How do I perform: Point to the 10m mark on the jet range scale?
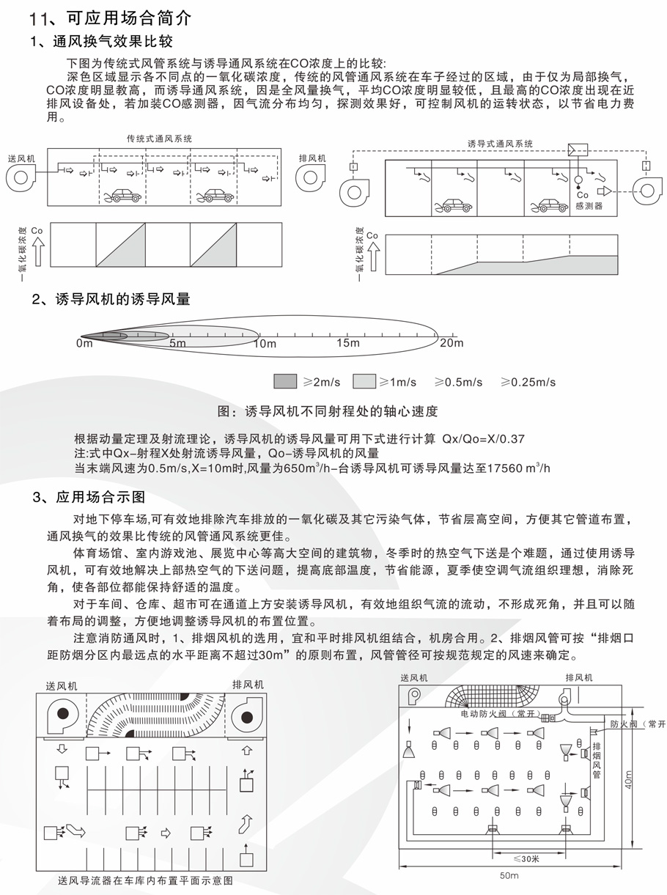click(264, 344)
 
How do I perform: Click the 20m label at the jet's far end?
click(452, 342)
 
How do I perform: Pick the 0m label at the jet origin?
click(84, 344)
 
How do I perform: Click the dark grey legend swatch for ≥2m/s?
click(284, 381)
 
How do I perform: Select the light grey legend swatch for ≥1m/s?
click(364, 381)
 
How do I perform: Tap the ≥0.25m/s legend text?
click(528, 382)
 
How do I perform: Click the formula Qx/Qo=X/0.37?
click(484, 439)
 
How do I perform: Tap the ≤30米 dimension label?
click(526, 858)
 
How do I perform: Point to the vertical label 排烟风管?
click(596, 759)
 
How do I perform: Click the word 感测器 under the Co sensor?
click(589, 207)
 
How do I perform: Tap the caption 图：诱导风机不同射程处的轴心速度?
click(328, 410)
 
